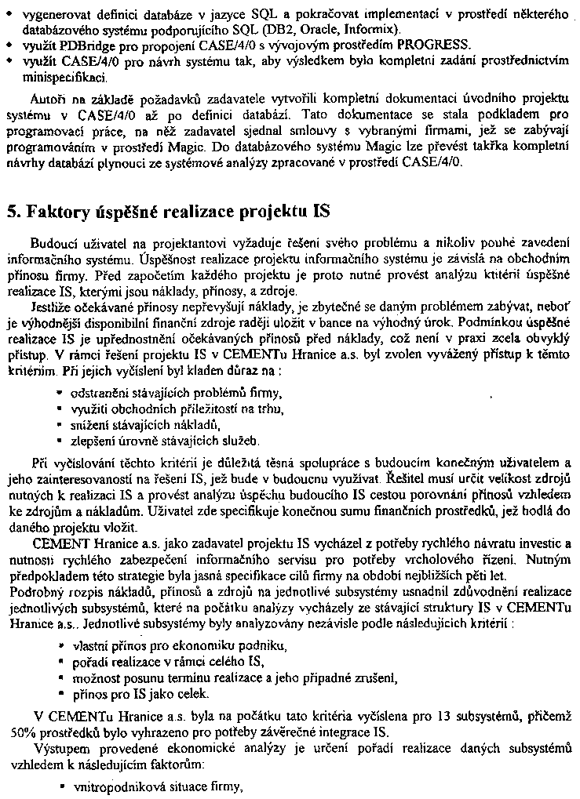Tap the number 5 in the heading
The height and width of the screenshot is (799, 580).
[x=13, y=211]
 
